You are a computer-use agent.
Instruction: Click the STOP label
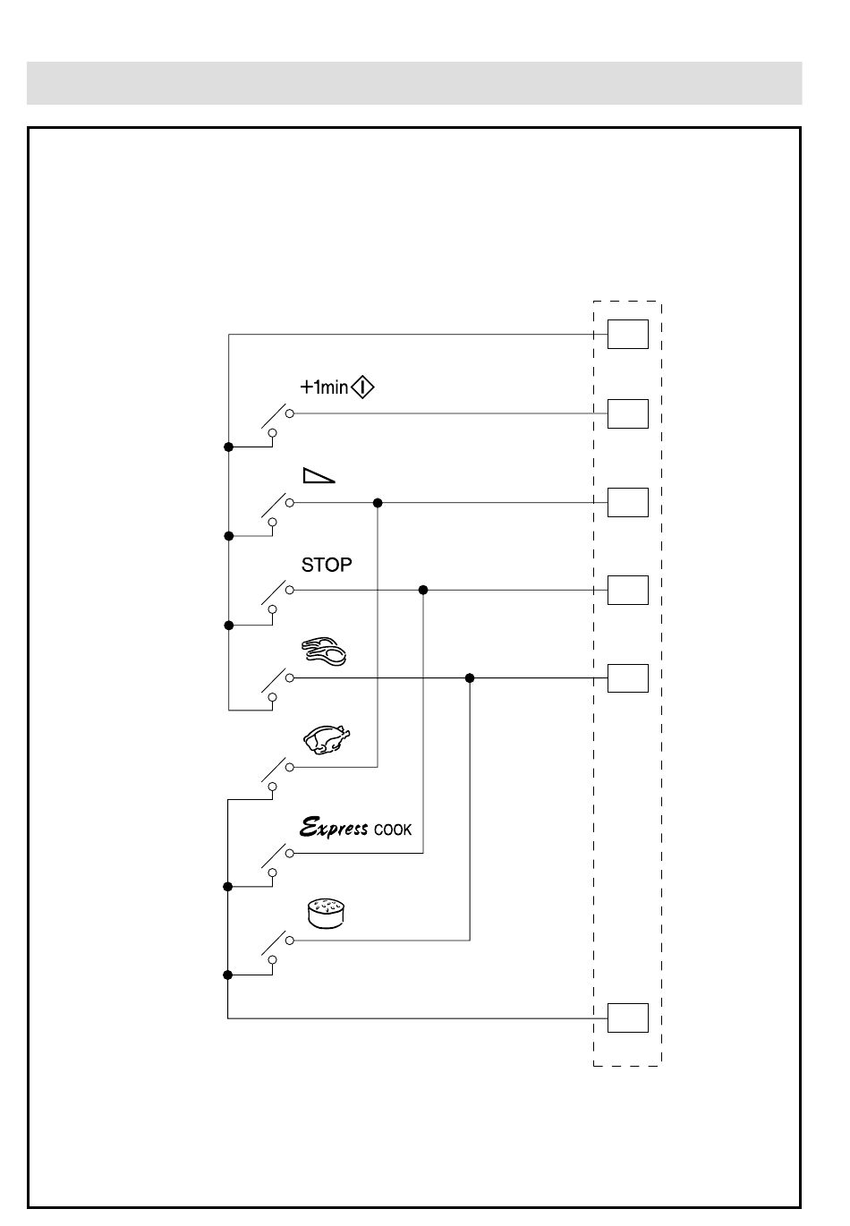coord(327,565)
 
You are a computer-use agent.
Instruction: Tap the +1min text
coord(324,387)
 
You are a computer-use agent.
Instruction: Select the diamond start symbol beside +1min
coord(362,387)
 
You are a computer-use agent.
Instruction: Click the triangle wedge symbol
coord(319,475)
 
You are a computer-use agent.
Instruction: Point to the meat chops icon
coord(324,651)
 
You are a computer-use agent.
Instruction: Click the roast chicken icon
coord(327,740)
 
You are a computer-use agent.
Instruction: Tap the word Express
coord(334,828)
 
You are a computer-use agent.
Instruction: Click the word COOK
coord(393,830)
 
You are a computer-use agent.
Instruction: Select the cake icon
coord(327,914)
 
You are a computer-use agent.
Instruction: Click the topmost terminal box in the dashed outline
coord(628,334)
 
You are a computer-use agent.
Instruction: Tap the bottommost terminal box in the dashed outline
coord(628,1018)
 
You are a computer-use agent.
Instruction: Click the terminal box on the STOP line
coord(628,590)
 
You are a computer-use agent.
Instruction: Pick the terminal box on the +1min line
coord(628,413)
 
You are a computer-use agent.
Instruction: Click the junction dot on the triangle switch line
coord(378,502)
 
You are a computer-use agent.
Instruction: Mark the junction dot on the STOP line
coord(423,590)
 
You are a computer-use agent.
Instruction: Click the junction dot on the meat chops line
coord(470,678)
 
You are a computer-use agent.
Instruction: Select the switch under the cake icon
coord(277,949)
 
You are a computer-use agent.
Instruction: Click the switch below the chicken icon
coord(277,776)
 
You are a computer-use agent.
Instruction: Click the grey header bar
coord(414,83)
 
